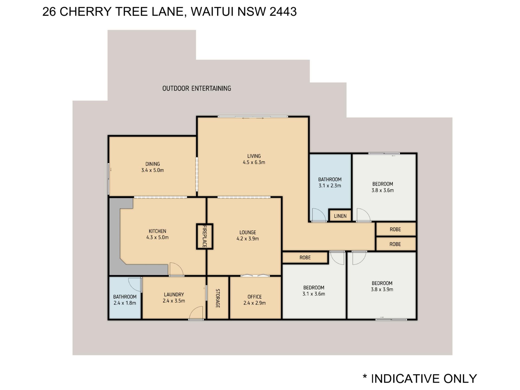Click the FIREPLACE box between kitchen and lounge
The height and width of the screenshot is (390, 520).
pyautogui.click(x=205, y=236)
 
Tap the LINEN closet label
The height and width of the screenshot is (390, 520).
pyautogui.click(x=340, y=216)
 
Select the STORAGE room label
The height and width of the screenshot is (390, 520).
pyautogui.click(x=218, y=298)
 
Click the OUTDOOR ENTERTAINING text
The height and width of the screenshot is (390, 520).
pyautogui.click(x=197, y=88)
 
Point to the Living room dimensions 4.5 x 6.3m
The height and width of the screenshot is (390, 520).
pyautogui.click(x=254, y=162)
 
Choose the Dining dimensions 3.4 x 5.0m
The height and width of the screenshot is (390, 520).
pyautogui.click(x=152, y=170)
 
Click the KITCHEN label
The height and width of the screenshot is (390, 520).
pyautogui.click(x=157, y=231)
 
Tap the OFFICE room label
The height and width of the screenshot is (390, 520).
pyautogui.click(x=255, y=297)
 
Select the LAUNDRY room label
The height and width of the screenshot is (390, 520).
pyautogui.click(x=174, y=294)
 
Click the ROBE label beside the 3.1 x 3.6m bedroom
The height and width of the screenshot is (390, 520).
pyautogui.click(x=305, y=258)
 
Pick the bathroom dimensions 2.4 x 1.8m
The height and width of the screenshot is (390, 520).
pyautogui.click(x=125, y=303)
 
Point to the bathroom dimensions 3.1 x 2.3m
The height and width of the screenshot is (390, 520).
pyautogui.click(x=330, y=186)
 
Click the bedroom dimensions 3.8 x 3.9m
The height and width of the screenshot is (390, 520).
pyautogui.click(x=382, y=290)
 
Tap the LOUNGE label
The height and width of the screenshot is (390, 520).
pyautogui.click(x=248, y=232)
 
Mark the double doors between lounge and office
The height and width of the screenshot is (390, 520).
pyautogui.click(x=255, y=275)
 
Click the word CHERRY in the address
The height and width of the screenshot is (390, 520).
pyautogui.click(x=86, y=12)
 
